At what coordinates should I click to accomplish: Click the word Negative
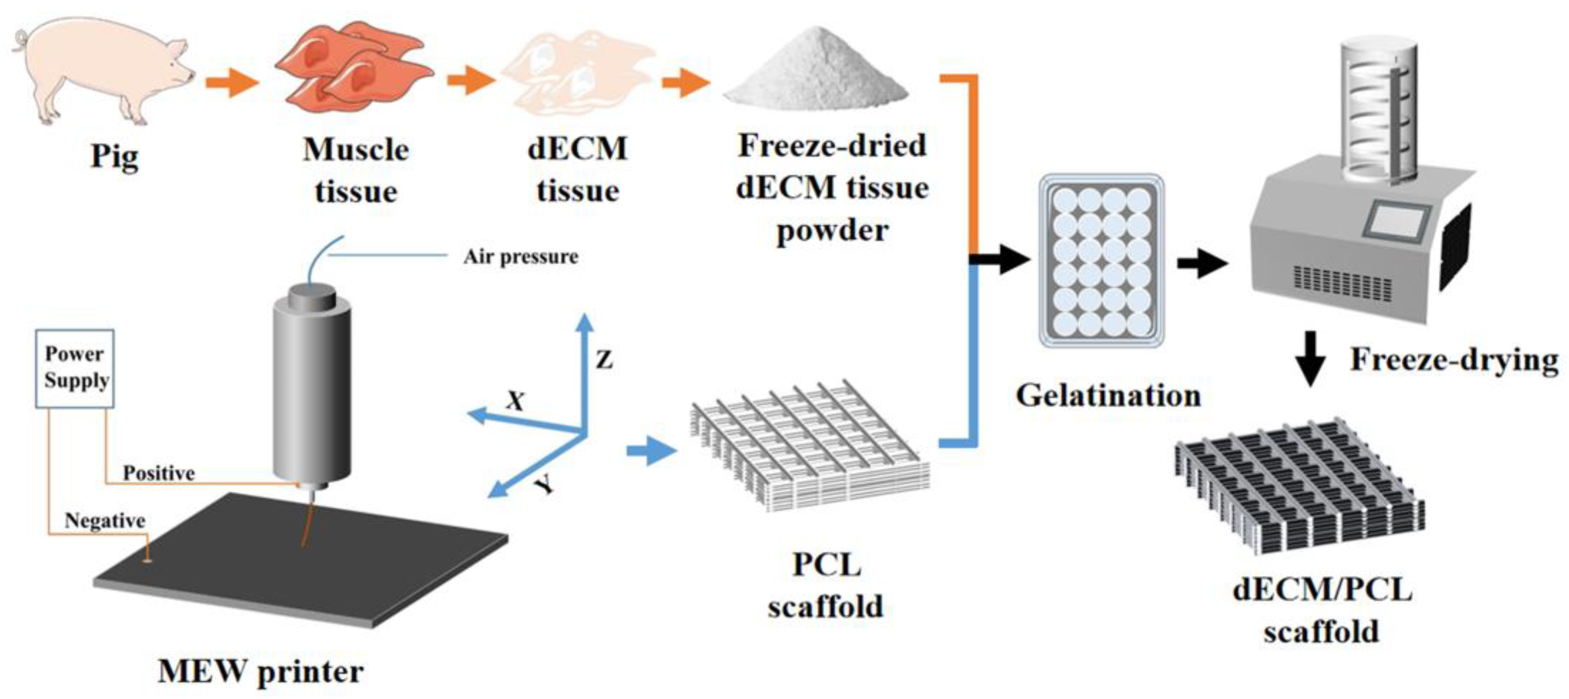pos(105,520)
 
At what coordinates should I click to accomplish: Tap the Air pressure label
pos(521,257)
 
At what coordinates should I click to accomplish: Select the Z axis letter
pos(604,360)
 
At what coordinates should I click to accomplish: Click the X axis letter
pos(515,401)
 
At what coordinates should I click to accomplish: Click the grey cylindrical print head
pos(311,390)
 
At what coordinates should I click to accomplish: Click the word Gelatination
pos(1108,395)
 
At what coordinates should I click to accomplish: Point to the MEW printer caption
pos(261,671)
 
